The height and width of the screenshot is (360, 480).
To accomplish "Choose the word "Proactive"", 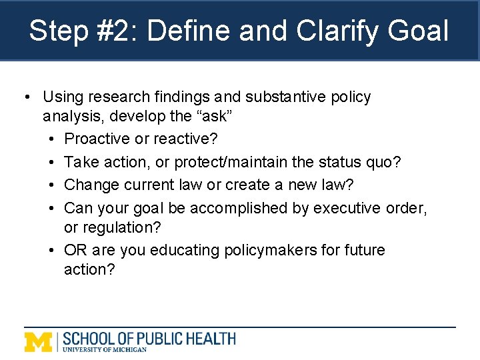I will [x=97, y=139].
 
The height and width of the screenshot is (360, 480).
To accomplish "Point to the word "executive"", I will [x=347, y=208].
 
